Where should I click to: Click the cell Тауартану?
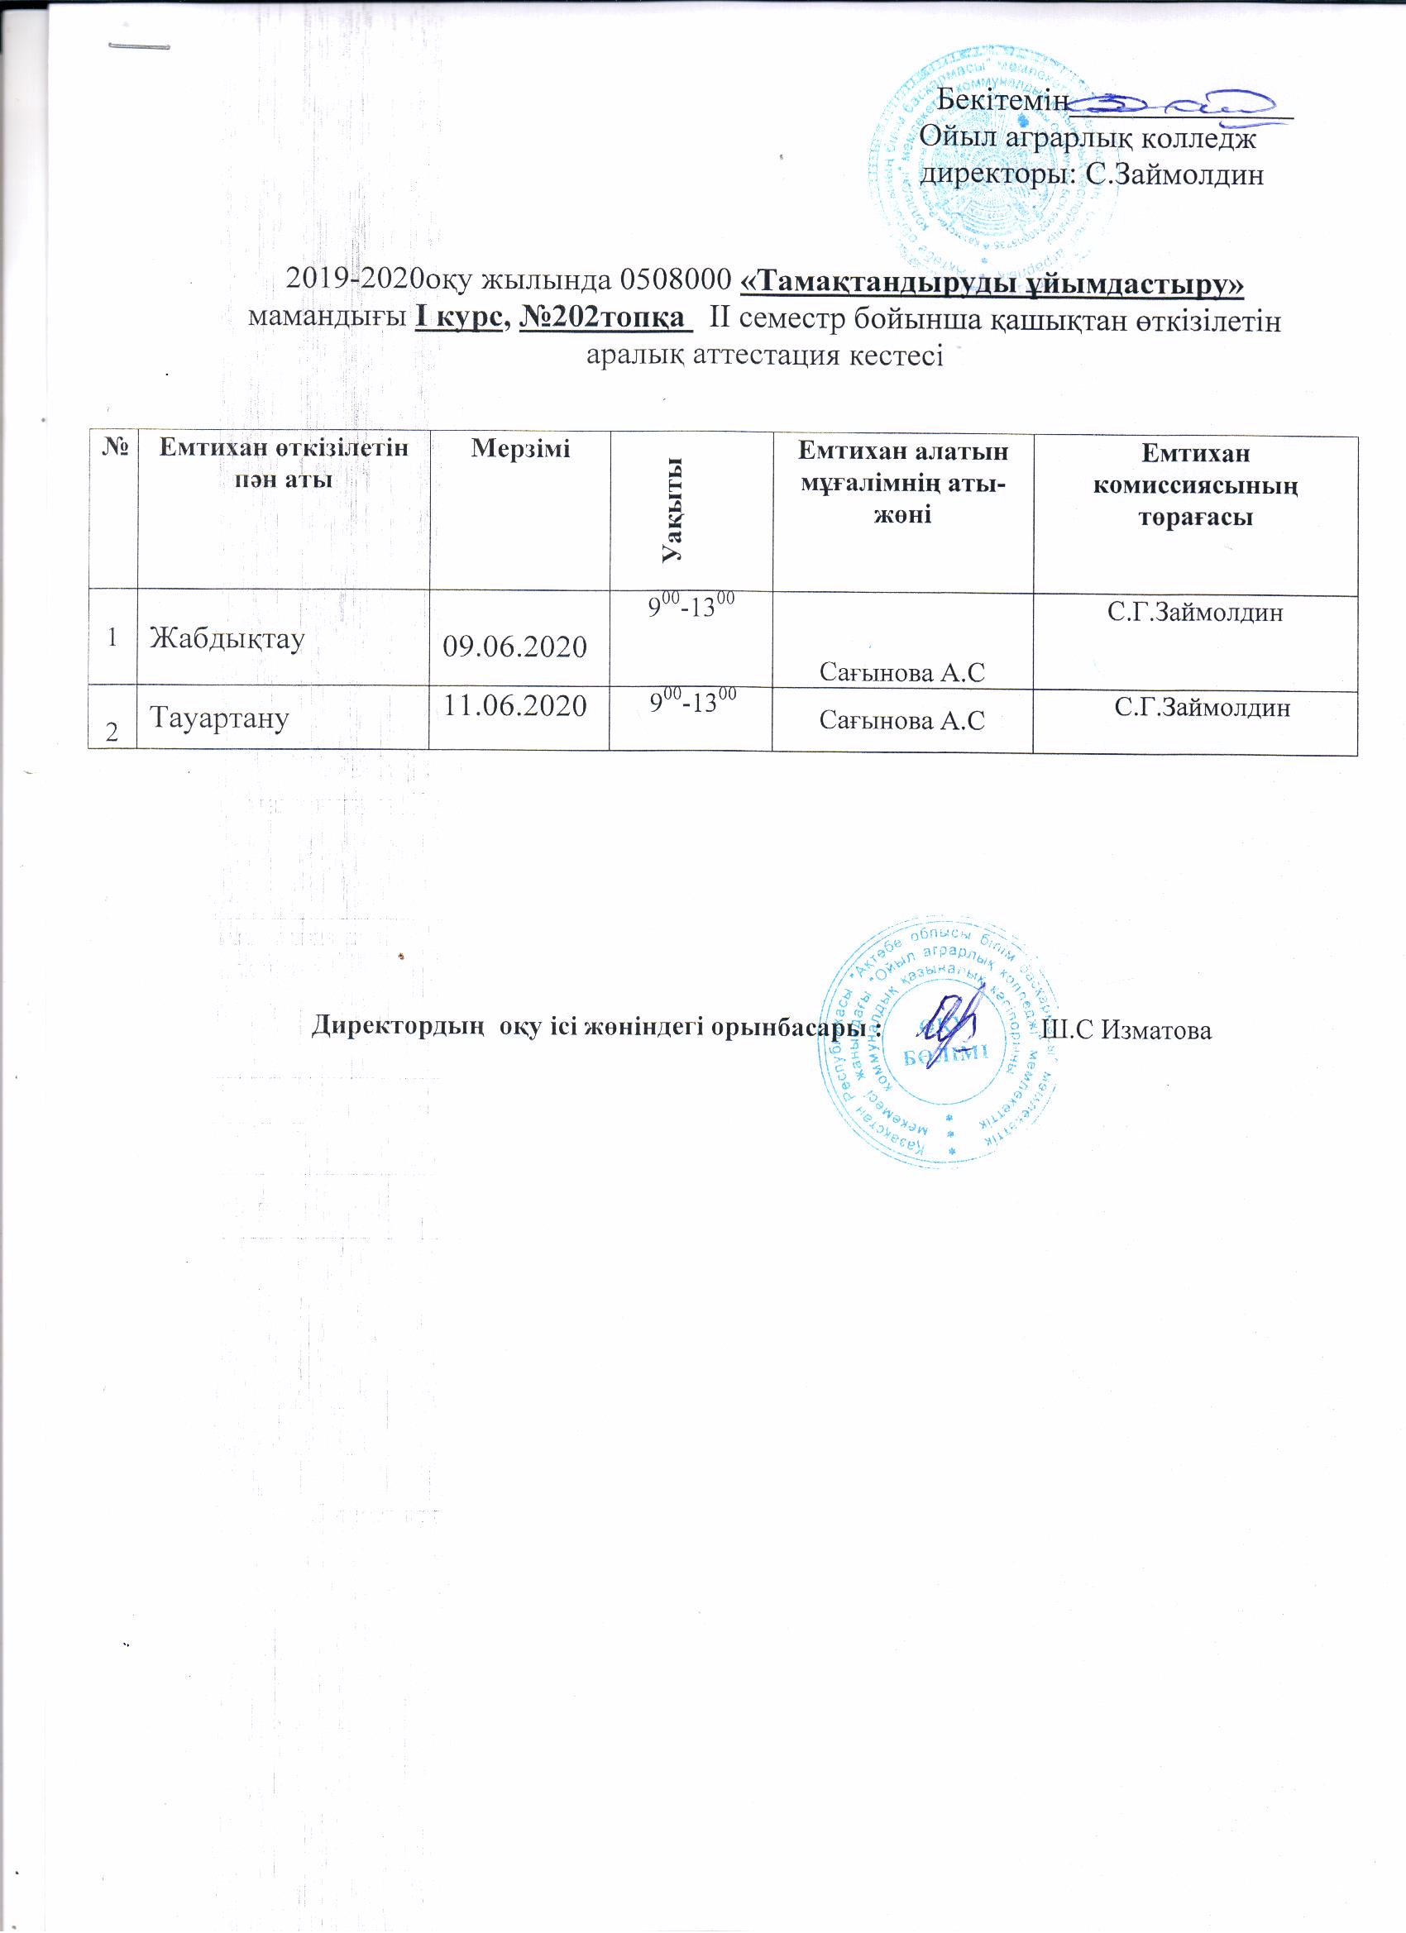click(x=220, y=718)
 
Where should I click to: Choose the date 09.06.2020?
click(x=515, y=647)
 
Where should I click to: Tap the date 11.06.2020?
click(x=515, y=705)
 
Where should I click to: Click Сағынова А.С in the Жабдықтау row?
click(x=901, y=673)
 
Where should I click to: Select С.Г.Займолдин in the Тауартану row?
click(x=1203, y=707)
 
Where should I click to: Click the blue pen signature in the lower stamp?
click(x=953, y=1023)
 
